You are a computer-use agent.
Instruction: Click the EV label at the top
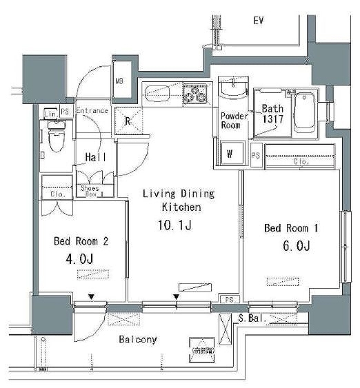[x=259, y=21]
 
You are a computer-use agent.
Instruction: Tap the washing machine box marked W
[x=230, y=154]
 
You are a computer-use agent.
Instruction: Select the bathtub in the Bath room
[x=304, y=112]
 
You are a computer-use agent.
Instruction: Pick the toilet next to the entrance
[x=57, y=137]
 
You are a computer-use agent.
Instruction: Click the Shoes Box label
[x=90, y=191]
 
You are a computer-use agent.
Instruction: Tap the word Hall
[x=95, y=158]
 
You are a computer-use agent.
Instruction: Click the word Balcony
[x=137, y=339]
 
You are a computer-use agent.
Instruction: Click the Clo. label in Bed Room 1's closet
[x=300, y=163]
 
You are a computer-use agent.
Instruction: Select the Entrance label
[x=92, y=111]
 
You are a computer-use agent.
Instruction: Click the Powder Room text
[x=234, y=121]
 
